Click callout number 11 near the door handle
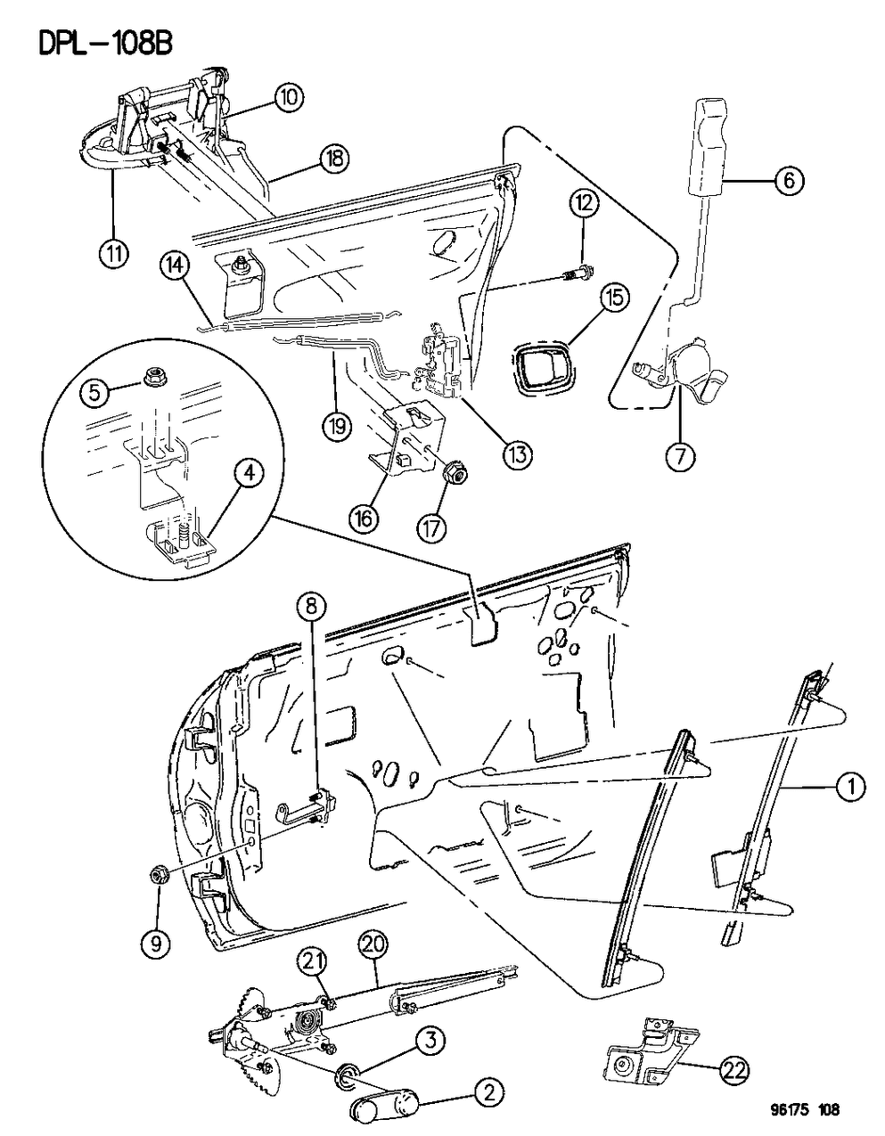point(113,253)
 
